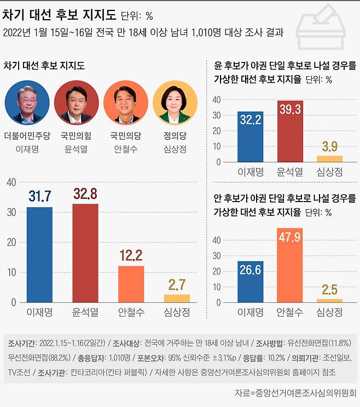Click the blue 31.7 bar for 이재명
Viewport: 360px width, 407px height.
click(39, 255)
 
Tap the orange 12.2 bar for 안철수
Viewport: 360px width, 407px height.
click(131, 284)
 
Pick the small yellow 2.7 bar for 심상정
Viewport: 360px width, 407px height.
click(177, 298)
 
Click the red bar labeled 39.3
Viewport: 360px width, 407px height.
click(291, 131)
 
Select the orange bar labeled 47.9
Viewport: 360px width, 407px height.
click(291, 265)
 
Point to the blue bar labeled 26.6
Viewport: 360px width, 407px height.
click(251, 282)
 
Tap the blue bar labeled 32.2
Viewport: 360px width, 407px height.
click(251, 137)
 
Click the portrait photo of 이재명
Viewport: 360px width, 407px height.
click(27, 102)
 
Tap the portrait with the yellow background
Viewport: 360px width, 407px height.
click(175, 102)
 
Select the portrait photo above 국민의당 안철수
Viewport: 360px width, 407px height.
click(126, 102)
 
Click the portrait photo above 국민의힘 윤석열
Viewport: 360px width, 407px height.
click(77, 102)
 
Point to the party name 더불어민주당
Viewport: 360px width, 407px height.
click(27, 135)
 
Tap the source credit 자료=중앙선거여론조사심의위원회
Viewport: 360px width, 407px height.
click(295, 393)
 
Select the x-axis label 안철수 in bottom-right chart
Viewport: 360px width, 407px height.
click(291, 312)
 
